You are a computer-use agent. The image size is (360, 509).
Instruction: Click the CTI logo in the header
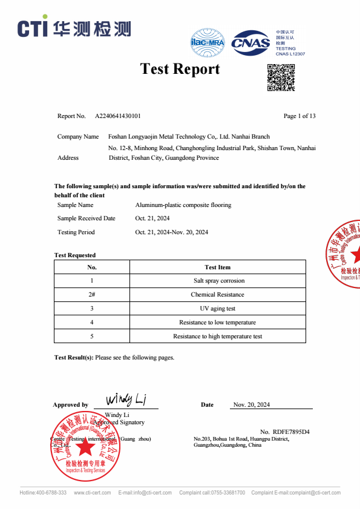(x=74, y=28)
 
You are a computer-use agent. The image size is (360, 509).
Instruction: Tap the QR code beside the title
(x=281, y=77)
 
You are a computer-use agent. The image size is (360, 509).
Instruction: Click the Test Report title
(x=180, y=69)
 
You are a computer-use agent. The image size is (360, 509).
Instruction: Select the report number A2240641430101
(x=118, y=116)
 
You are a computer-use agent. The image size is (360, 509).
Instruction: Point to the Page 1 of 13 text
(x=299, y=116)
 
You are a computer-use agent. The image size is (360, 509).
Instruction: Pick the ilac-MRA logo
(x=208, y=42)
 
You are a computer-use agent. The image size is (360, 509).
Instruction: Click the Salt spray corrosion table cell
(x=217, y=281)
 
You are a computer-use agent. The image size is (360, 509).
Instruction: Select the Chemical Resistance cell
(x=217, y=295)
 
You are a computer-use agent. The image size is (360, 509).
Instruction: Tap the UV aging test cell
(x=217, y=309)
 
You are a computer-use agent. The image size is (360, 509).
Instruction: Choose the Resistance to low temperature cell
(x=217, y=323)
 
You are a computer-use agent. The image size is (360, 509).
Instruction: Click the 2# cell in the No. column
(x=92, y=295)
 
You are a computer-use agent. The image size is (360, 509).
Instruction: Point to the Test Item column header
(x=217, y=267)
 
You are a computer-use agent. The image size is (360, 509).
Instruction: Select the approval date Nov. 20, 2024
(x=251, y=404)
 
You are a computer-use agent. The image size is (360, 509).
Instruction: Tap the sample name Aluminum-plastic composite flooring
(x=183, y=205)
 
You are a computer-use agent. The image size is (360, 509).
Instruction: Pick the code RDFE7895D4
(x=291, y=432)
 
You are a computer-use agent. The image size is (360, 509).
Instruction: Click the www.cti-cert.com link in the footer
(x=92, y=493)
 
